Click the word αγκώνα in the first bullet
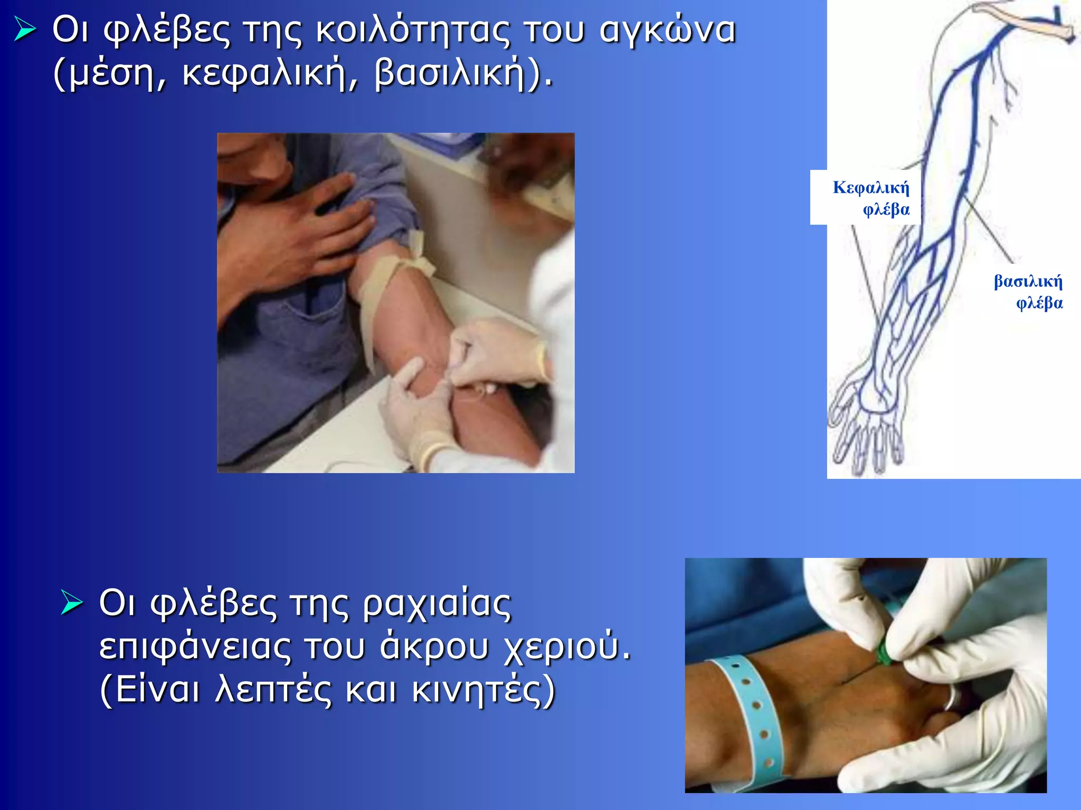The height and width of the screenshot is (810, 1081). (667, 31)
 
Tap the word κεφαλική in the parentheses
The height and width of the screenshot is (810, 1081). (270, 74)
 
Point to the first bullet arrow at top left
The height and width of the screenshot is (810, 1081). (25, 29)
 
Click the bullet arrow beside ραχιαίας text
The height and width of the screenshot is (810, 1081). (72, 602)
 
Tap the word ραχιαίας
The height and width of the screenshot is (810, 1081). (437, 604)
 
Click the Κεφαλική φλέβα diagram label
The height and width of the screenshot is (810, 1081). (871, 198)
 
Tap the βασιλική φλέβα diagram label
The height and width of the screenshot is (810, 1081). (1028, 291)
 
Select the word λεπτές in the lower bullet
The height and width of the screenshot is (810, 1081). (273, 690)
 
